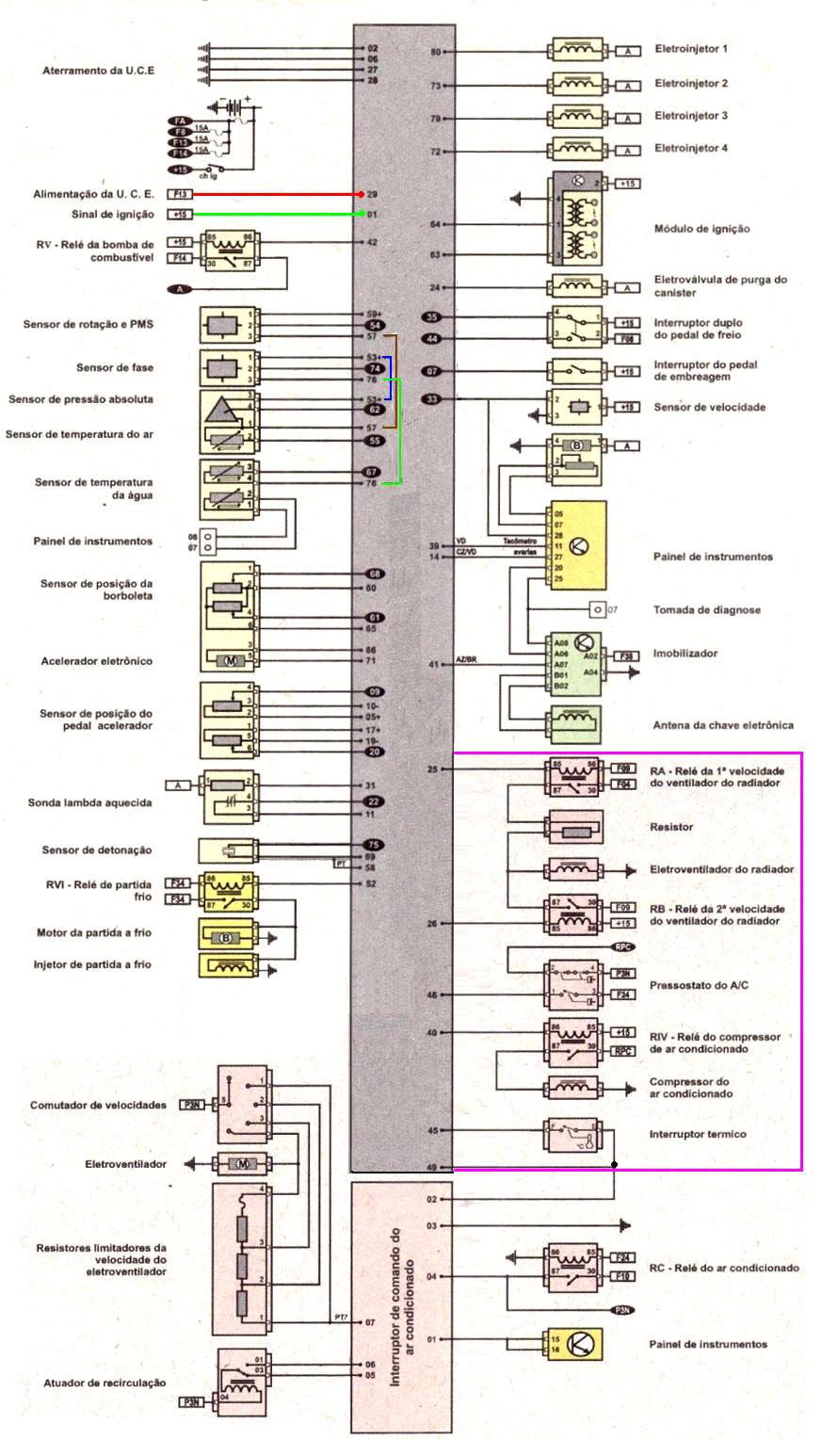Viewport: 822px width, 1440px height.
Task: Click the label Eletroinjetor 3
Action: pyautogui.click(x=691, y=116)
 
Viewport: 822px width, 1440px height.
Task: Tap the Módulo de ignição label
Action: pyautogui.click(x=701, y=229)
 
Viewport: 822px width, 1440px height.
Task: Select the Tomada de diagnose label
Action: pyautogui.click(x=706, y=610)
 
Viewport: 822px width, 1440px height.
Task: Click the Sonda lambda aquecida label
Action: pyautogui.click(x=89, y=803)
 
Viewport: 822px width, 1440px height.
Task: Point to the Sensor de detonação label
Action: pyautogui.click(x=97, y=850)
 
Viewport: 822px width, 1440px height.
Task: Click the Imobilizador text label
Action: pyautogui.click(x=685, y=653)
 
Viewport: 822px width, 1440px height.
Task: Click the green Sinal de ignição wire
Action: pyautogui.click(x=273, y=215)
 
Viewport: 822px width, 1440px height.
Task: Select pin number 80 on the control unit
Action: pyautogui.click(x=436, y=52)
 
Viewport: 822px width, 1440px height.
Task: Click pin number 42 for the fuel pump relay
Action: pyautogui.click(x=371, y=242)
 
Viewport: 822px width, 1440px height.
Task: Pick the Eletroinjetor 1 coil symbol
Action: pyautogui.click(x=577, y=50)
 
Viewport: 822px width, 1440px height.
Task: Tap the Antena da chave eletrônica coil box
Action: pyautogui.click(x=575, y=724)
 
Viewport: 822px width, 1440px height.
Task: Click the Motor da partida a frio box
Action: pyautogui.click(x=226, y=937)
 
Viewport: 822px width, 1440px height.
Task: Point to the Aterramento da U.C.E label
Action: pyautogui.click(x=99, y=72)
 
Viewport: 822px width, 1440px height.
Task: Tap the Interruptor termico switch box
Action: pyautogui.click(x=572, y=1135)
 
